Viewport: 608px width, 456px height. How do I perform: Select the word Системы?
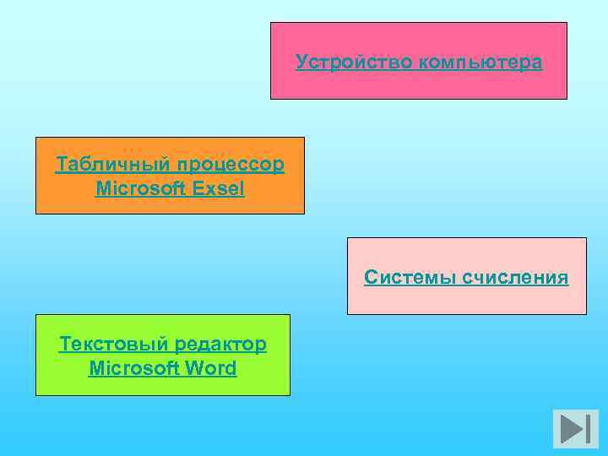[x=407, y=277]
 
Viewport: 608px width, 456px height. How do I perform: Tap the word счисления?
[x=515, y=277]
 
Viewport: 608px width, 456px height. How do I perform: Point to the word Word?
[x=211, y=369]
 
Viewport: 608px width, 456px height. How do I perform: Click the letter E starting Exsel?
[x=198, y=188]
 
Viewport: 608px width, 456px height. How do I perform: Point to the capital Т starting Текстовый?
[x=64, y=344]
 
